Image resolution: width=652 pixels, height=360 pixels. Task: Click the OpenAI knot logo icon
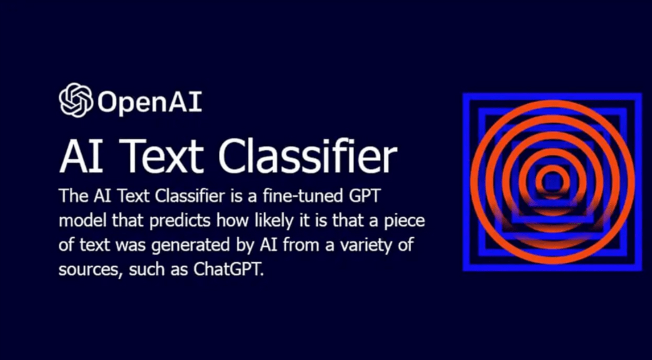click(x=76, y=100)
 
